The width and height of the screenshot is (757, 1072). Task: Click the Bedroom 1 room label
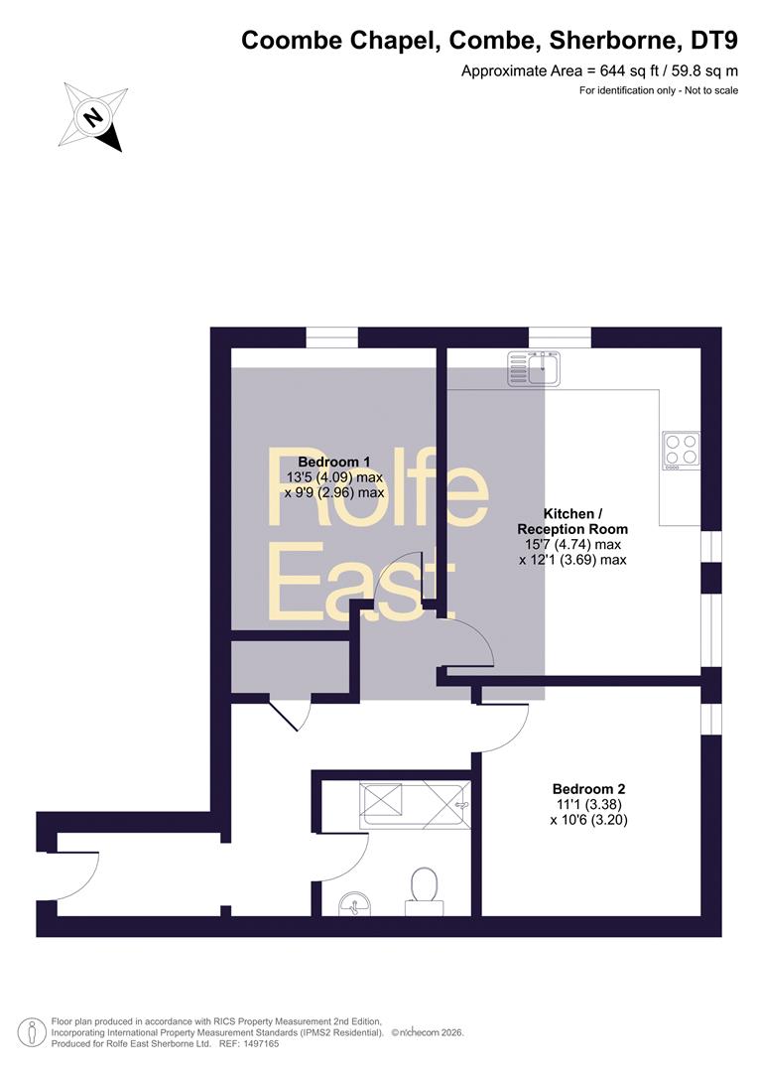334,463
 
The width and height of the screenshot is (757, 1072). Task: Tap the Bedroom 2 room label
589,789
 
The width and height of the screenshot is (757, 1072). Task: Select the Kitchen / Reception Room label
572,521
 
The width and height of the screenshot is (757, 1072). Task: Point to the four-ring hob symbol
681,450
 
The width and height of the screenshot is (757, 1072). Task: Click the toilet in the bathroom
425,891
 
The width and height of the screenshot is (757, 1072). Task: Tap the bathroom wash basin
355,904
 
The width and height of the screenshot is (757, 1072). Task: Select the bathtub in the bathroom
415,804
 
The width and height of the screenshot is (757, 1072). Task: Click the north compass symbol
93,116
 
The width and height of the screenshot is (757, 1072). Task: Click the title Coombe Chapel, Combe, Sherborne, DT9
490,41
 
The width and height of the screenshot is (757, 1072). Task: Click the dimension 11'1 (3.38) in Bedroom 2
588,805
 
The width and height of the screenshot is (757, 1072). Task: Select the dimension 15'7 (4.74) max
572,545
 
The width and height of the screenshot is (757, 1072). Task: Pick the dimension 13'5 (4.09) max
334,477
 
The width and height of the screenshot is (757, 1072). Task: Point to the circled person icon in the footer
32,1032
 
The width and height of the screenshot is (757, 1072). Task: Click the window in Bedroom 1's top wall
332,337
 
